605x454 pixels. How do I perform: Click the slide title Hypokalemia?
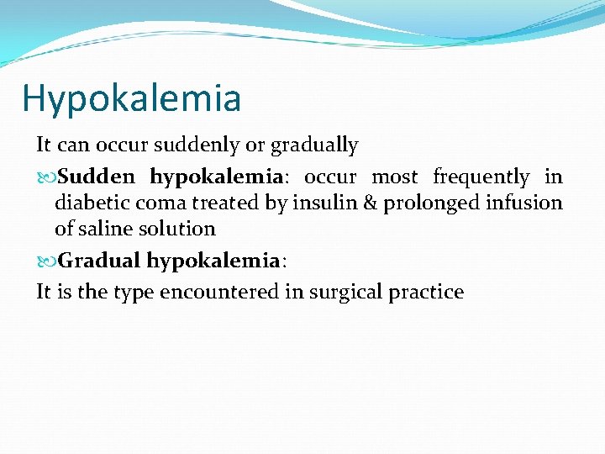point(131,98)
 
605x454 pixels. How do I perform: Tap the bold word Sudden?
point(97,177)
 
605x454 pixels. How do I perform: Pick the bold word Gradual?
point(98,261)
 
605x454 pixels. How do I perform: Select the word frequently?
point(481,177)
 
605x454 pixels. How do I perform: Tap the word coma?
point(163,203)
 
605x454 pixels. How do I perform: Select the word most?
point(395,177)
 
